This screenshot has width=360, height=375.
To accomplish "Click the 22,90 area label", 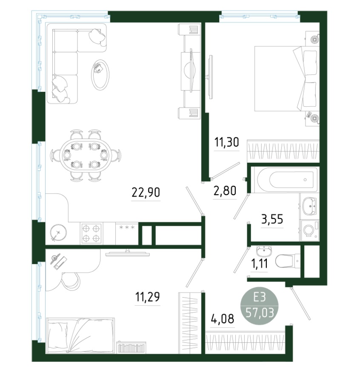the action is tap(146, 192).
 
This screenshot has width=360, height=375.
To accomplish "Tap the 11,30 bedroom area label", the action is tap(226, 142).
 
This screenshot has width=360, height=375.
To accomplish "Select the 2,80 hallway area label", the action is tap(225, 190).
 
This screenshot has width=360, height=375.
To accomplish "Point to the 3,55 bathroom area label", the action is tap(272, 219).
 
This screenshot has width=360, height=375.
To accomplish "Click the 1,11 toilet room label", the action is tap(259, 264).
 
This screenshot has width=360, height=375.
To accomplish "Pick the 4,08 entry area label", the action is tap(223, 318).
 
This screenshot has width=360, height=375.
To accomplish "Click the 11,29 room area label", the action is tap(147, 297).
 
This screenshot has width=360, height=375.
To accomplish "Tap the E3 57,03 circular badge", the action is tap(260, 306).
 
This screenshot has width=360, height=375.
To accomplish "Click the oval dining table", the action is tap(86, 155).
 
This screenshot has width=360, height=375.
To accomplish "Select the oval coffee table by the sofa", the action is tap(100, 75).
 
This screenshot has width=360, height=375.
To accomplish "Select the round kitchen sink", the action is tap(58, 233).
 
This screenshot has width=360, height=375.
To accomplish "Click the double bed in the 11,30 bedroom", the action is tap(287, 78).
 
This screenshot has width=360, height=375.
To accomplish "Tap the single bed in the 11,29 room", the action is tap(80, 335).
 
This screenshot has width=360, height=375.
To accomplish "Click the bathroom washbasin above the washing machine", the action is tap(309, 206).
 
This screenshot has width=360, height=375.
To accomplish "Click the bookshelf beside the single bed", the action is tap(131, 347).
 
